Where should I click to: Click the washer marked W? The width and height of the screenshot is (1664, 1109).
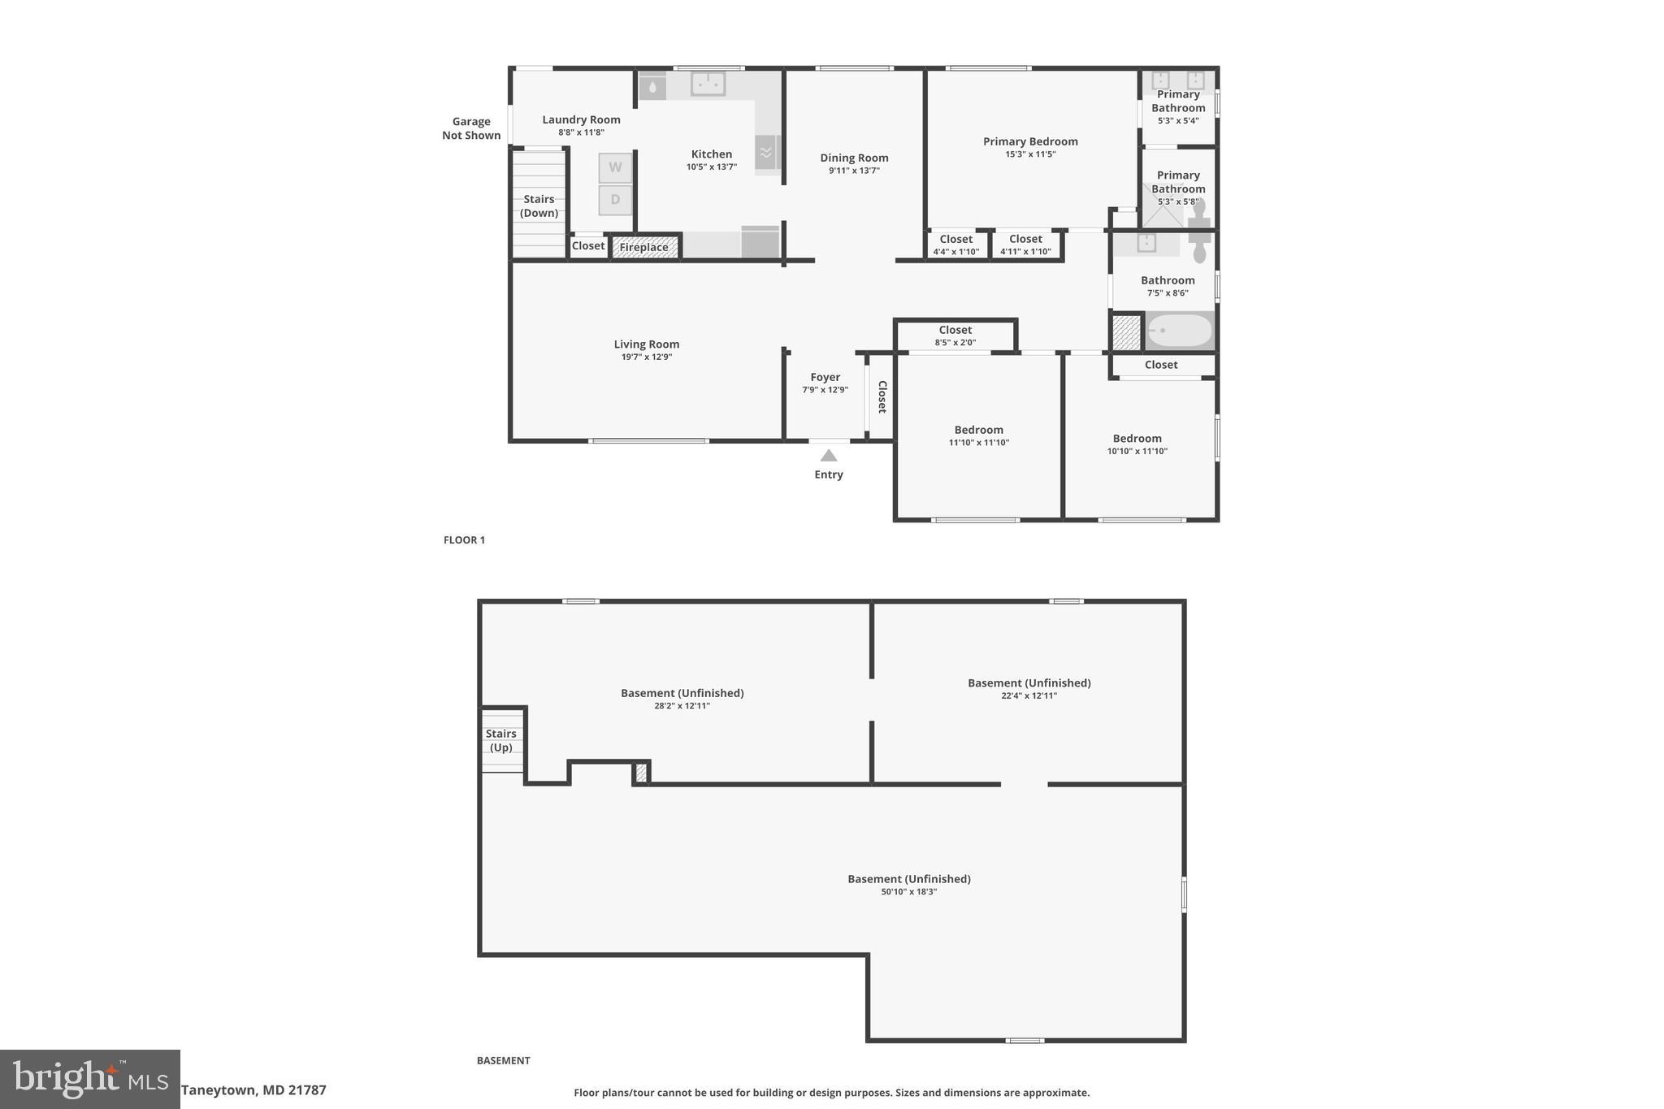pyautogui.click(x=615, y=167)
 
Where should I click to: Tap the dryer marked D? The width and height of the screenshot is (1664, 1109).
pyautogui.click(x=615, y=200)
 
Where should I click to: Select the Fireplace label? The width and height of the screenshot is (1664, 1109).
pyautogui.click(x=644, y=247)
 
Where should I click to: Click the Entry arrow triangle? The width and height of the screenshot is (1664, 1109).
pyautogui.click(x=828, y=456)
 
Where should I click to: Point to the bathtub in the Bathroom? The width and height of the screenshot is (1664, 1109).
pyautogui.click(x=1178, y=331)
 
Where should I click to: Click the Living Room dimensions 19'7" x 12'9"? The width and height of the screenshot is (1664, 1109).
pyautogui.click(x=647, y=357)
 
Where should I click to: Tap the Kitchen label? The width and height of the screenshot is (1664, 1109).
pyautogui.click(x=712, y=154)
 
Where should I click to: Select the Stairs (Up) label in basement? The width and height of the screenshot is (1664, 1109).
pyautogui.click(x=501, y=740)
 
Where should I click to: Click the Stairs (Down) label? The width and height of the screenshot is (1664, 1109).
pyautogui.click(x=539, y=206)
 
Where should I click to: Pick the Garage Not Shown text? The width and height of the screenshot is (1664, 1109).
pyautogui.click(x=471, y=128)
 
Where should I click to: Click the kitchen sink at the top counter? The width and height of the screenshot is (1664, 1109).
pyautogui.click(x=708, y=83)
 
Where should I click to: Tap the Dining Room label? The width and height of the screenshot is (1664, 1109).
pyautogui.click(x=854, y=158)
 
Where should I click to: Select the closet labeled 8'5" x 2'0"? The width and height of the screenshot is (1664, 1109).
pyautogui.click(x=955, y=336)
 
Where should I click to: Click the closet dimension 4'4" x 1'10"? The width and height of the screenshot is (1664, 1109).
pyautogui.click(x=955, y=251)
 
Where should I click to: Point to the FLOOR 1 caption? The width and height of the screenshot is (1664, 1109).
pyautogui.click(x=464, y=539)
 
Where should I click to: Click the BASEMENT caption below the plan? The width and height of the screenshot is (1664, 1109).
pyautogui.click(x=503, y=1060)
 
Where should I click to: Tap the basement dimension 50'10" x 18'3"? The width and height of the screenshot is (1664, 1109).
pyautogui.click(x=909, y=891)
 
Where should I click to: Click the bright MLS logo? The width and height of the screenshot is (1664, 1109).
pyautogui.click(x=90, y=1078)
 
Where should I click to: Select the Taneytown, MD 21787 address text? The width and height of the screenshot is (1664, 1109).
pyautogui.click(x=253, y=1090)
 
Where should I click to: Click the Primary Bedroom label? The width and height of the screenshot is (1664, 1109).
pyautogui.click(x=1030, y=141)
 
